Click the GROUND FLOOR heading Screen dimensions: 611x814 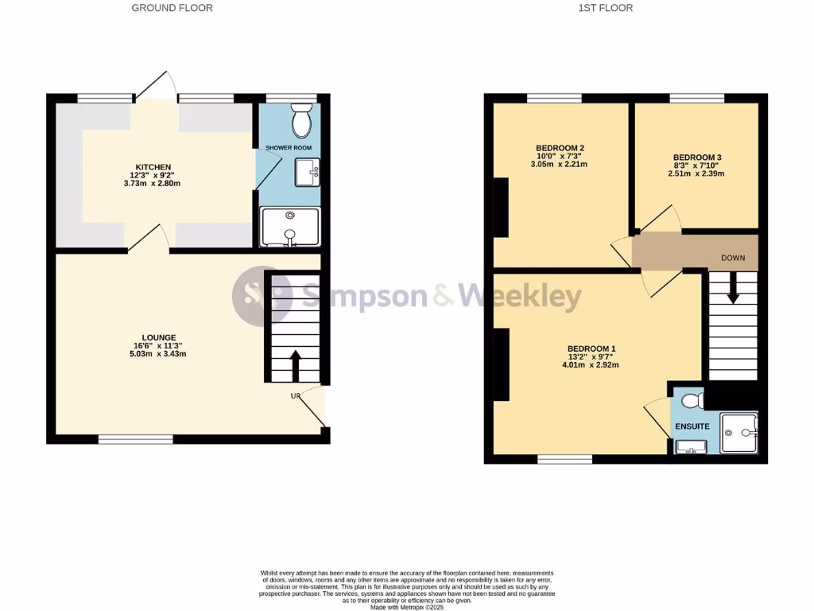172,8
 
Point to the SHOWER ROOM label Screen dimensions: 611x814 288,148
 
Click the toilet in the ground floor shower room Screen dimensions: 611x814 301,120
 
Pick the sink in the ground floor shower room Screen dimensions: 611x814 307,172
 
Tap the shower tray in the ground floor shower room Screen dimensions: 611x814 290,226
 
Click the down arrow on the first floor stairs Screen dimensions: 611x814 732,288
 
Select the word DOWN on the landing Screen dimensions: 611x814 732,259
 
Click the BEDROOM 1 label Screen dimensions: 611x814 591,348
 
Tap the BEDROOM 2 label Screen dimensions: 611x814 560,148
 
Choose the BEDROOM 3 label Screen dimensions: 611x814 696,158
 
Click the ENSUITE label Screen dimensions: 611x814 692,426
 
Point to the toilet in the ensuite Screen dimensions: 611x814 691,399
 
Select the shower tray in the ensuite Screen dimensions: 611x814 740,434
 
